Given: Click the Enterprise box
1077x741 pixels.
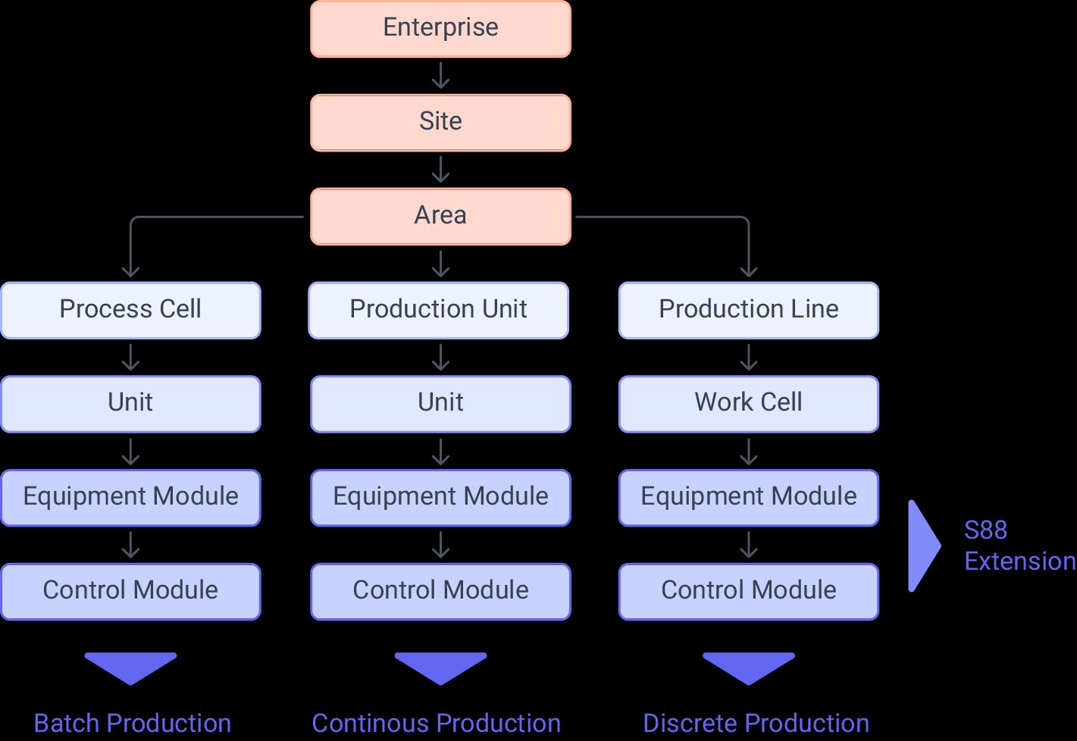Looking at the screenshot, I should (440, 28).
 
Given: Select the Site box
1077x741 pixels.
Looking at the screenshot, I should (440, 122).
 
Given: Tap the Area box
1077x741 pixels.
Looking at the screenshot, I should (440, 216).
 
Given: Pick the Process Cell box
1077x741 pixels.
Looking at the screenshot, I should (130, 310).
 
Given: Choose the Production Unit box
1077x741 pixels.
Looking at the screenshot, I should (438, 310).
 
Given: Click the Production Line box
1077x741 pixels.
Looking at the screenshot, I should (749, 310).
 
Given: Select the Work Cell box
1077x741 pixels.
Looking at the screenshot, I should (749, 403).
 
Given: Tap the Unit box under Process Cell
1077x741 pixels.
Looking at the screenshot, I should (130, 403).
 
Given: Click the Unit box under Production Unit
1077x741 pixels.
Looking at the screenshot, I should (440, 403).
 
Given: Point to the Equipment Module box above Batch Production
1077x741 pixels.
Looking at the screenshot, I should (130, 497).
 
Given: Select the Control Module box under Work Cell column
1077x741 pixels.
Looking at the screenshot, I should (749, 591).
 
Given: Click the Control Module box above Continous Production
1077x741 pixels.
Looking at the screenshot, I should (440, 591).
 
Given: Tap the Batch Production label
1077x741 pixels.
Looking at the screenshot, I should (133, 724).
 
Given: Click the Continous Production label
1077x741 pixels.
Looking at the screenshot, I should (437, 724).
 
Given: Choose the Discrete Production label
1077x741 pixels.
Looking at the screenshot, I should (756, 724).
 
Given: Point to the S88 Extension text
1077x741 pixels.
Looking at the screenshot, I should (1019, 546).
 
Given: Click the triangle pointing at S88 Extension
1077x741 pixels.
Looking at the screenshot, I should (922, 546).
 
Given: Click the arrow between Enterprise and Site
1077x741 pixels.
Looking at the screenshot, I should (440, 76).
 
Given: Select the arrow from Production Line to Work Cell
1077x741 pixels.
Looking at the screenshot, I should (749, 357).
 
